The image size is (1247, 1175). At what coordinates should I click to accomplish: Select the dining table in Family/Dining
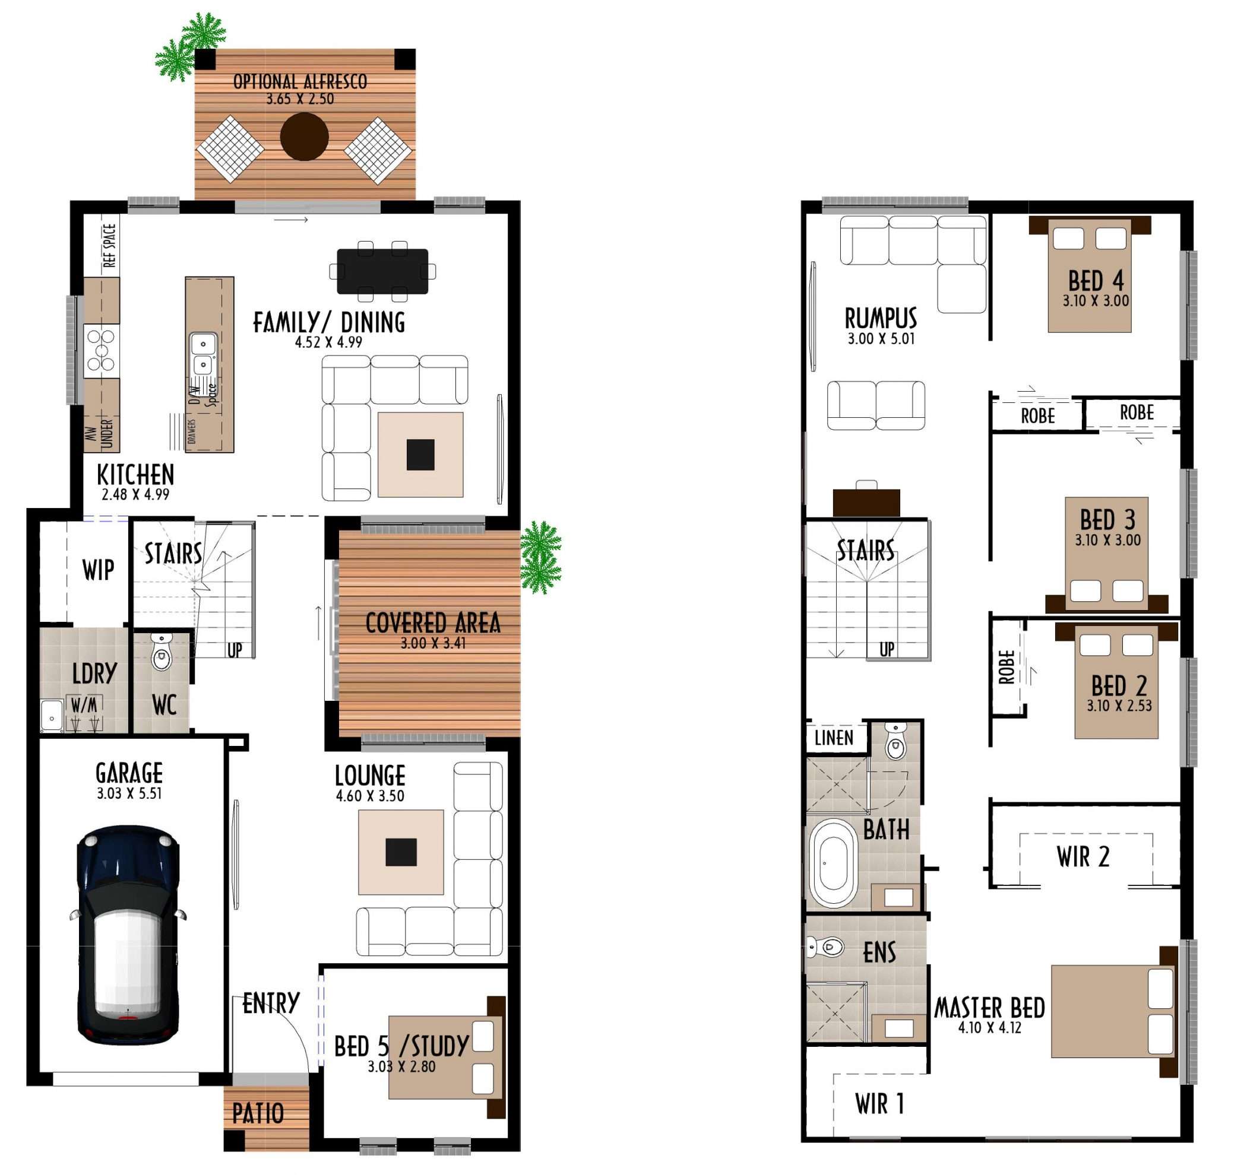pos(382,271)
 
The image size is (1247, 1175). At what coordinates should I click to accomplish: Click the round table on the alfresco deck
pos(304,136)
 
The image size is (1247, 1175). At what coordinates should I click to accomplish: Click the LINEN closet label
pos(834,738)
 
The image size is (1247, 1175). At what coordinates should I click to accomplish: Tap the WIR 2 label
pos(1083,856)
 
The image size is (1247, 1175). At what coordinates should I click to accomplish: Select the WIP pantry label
pos(98,570)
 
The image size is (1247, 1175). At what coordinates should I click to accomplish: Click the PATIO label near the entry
pos(258,1113)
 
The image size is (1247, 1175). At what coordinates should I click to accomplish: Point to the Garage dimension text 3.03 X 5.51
pos(129,793)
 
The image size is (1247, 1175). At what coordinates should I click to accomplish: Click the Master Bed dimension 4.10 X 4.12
pos(990,1028)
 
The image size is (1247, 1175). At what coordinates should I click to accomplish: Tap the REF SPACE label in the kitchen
pos(110,245)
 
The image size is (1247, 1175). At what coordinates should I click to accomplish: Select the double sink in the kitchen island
pos(203,354)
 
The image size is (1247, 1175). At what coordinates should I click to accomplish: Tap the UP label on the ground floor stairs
pos(235,650)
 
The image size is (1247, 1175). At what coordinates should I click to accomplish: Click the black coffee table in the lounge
pos(401,852)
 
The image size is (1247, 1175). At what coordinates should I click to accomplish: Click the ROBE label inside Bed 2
pos(1006,666)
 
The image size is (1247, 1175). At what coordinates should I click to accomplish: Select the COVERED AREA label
pos(433,623)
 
